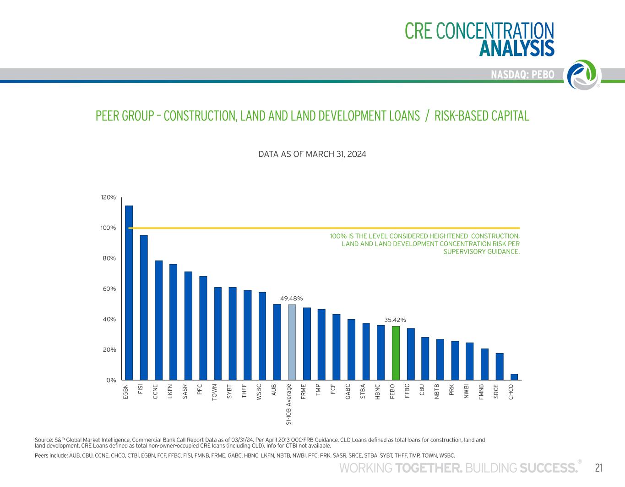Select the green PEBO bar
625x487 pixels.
396,353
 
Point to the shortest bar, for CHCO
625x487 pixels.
514,377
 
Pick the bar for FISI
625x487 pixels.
144,307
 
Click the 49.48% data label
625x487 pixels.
292,299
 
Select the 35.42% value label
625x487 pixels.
395,320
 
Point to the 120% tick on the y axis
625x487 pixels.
109,197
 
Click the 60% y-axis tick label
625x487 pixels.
109,289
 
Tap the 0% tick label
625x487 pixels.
111,380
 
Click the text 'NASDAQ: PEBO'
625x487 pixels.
522,75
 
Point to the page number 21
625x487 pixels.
598,468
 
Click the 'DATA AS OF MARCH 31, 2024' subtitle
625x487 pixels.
312,154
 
